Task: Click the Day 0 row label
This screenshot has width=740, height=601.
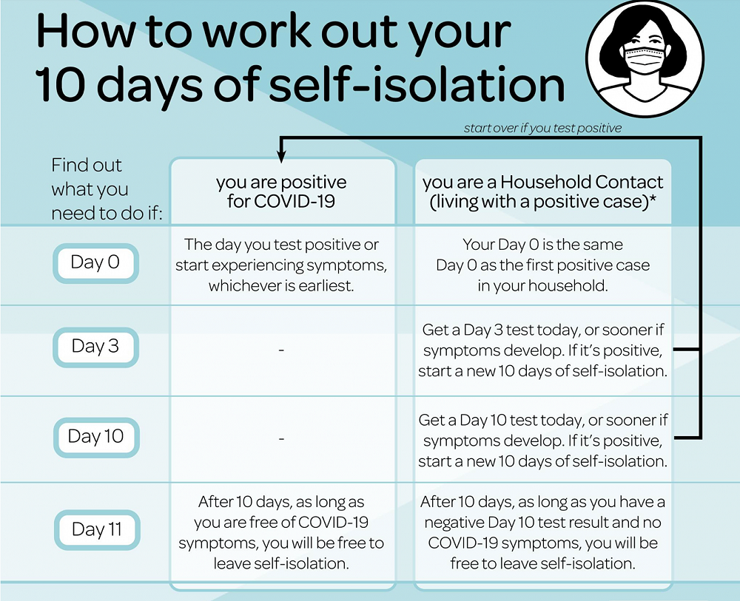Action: (x=95, y=262)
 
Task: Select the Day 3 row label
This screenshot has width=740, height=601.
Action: (x=95, y=346)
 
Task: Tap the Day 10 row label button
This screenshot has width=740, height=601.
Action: (x=95, y=437)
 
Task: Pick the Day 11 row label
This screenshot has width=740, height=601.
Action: (x=96, y=529)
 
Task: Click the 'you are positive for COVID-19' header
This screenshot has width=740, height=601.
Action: (x=281, y=191)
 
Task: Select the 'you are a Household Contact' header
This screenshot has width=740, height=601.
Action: (x=543, y=191)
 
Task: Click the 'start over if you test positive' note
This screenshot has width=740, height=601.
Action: (x=542, y=129)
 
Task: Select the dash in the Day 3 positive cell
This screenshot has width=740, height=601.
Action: (x=281, y=348)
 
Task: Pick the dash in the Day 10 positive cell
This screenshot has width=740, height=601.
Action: (x=281, y=439)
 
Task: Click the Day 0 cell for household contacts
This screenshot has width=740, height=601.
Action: (x=542, y=265)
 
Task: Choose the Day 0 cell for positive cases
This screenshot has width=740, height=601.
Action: (x=281, y=265)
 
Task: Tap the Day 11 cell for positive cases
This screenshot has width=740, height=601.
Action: (x=281, y=532)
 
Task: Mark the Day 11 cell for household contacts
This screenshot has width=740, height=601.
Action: (x=542, y=532)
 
